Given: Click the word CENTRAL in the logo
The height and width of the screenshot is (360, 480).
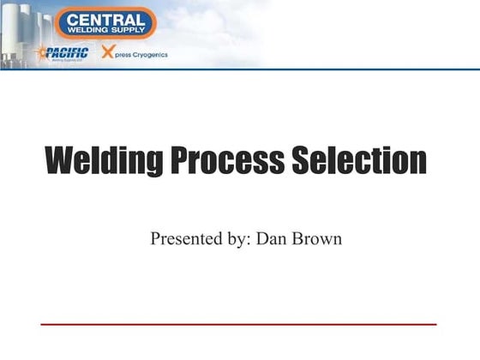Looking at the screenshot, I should click(105, 18).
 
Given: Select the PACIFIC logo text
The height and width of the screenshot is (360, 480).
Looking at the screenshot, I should click(68, 53).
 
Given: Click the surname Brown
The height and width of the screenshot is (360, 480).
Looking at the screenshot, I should click(317, 238).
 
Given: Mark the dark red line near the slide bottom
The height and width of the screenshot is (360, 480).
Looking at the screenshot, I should click(239, 324).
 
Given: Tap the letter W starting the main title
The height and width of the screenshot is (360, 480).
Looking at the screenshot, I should click(57, 160).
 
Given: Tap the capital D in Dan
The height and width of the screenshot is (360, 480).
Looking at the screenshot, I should click(260, 238).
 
